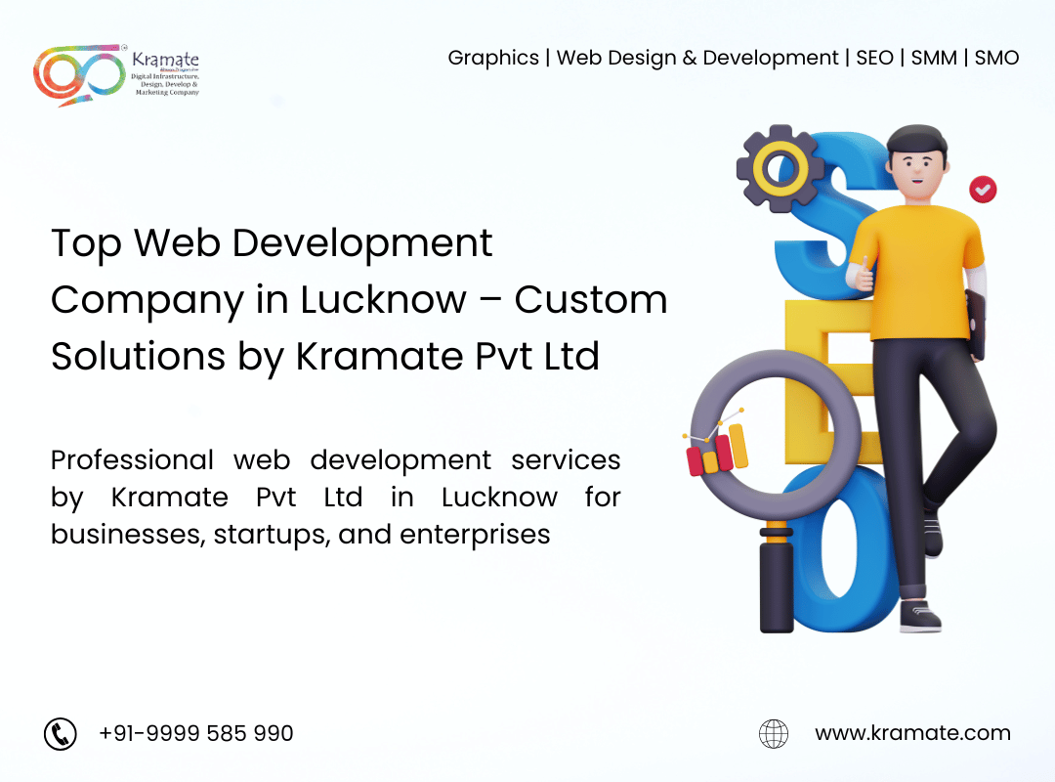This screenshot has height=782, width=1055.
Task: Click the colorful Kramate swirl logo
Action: coord(79,75)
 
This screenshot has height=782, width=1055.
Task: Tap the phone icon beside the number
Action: coord(61,733)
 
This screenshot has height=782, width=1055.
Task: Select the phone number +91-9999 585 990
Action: coord(195,733)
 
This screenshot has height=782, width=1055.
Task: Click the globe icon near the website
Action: coord(774,733)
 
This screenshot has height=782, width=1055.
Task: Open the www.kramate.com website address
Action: coord(913,733)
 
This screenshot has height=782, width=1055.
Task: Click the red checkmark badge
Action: coord(983,190)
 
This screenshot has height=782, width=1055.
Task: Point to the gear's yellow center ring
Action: coord(781,168)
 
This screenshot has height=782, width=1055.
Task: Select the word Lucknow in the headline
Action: coord(384,300)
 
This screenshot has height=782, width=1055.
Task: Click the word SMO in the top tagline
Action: coord(996,58)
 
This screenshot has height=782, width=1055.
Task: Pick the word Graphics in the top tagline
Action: coord(493,59)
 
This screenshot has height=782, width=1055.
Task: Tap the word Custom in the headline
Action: coord(591,300)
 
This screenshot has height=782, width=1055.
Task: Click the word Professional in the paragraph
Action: coord(132,460)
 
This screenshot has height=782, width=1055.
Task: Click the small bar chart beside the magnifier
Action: coord(717,448)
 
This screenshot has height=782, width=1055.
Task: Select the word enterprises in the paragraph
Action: coord(475,535)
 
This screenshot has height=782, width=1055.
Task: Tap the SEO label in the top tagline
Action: coord(874,58)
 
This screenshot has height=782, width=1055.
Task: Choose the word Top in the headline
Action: coord(86,243)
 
